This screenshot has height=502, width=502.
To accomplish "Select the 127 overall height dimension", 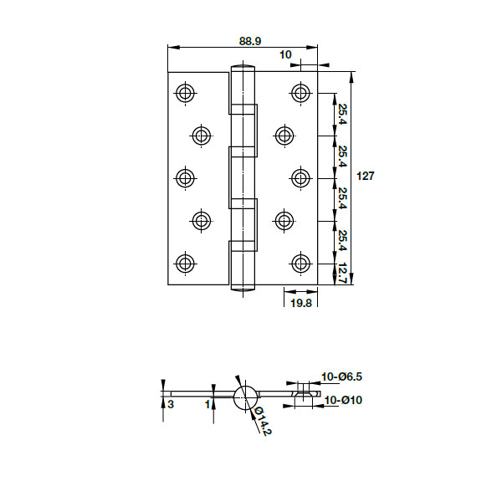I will point(366,177).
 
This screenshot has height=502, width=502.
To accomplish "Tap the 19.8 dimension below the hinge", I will point(301,304).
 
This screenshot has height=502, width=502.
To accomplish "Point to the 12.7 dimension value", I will point(343,273).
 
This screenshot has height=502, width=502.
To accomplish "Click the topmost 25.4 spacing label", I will point(343,113).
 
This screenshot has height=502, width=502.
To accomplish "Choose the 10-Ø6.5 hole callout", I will point(342,377).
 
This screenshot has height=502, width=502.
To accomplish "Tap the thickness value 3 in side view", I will point(171,404).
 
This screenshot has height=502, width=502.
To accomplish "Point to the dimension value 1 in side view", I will point(207,404).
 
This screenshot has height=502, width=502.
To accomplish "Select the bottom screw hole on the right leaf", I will point(301,263).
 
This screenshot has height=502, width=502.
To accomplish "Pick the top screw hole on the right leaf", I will point(301,92).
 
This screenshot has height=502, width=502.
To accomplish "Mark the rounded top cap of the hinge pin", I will point(242,70).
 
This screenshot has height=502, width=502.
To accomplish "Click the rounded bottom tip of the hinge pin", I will point(242,289).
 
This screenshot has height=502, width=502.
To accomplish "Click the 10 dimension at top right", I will point(286,54).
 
